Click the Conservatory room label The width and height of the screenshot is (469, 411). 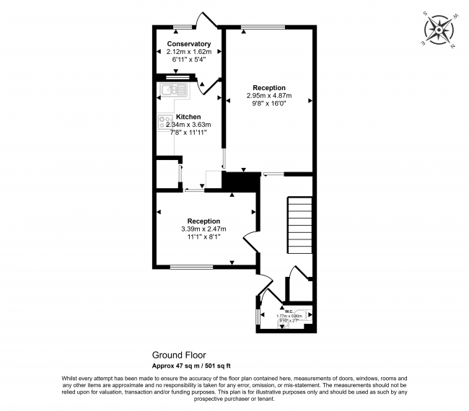coord(188,44)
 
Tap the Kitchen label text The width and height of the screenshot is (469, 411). coord(188,117)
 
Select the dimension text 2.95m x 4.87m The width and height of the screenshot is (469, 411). coord(268,95)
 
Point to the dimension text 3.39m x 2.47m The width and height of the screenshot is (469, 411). coord(203,229)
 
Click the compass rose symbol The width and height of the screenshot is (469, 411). coord(437,31)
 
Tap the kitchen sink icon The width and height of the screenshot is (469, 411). coord(173,90)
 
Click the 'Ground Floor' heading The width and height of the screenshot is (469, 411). coord(178,355)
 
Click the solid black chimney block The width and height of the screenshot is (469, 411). coord(240,182)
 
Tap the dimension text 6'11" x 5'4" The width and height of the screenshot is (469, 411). coord(188,60)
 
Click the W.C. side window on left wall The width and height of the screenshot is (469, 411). coord(258,317)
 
